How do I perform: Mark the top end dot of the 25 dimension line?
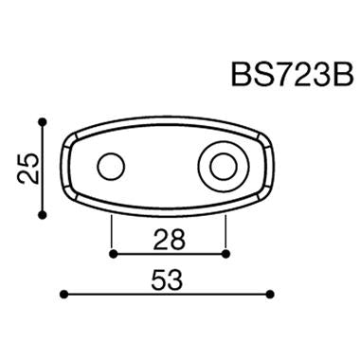click(x=43, y=121)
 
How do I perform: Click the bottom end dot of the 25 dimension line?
click(x=43, y=215)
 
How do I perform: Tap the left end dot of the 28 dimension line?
click(x=112, y=254)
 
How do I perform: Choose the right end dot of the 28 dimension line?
click(x=227, y=254)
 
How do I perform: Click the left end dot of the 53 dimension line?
click(x=63, y=295)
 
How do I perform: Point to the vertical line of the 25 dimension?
click(x=43, y=169)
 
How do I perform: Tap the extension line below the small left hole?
click(x=112, y=232)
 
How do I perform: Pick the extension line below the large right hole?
click(x=227, y=232)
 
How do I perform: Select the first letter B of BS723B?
click(x=242, y=75)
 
